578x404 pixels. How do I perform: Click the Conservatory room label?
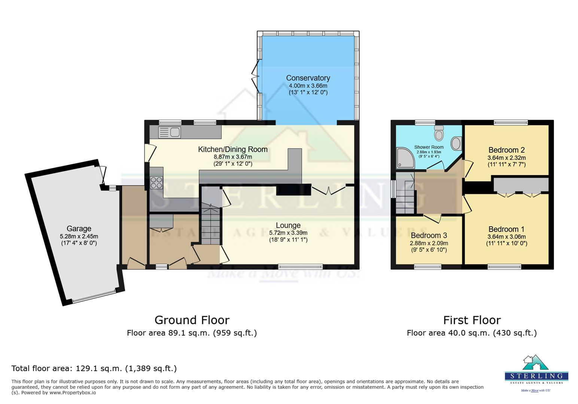[x=308, y=78]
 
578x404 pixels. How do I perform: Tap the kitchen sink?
[x=170, y=132]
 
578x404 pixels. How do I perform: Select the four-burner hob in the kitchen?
[x=156, y=182]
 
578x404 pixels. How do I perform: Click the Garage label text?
[x=79, y=229]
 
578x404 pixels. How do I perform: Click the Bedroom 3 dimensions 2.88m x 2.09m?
[x=428, y=243]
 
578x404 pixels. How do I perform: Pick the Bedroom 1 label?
[x=506, y=229]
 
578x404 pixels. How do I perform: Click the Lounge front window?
[x=300, y=267]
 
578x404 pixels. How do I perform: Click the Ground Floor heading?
[x=192, y=320]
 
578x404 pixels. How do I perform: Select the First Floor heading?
[x=472, y=320]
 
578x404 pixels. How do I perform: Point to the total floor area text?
[x=94, y=368]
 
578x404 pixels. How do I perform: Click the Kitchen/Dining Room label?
[x=232, y=150]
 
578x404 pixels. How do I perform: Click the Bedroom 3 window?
[x=428, y=267]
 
